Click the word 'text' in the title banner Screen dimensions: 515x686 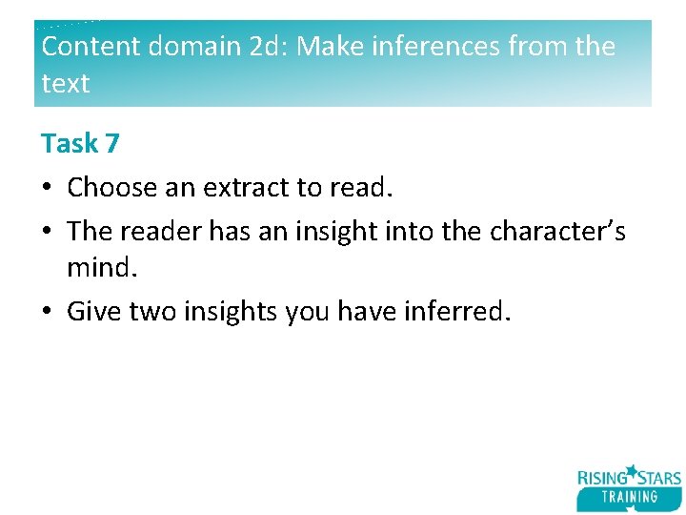[x=66, y=84]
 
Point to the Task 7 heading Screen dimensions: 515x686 [x=80, y=144]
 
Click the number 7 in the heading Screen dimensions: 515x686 [x=111, y=144]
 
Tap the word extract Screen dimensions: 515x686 [x=247, y=188]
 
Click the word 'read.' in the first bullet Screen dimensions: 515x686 [x=361, y=188]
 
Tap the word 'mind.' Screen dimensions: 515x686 [x=103, y=269]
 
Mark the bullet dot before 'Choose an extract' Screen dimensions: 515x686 [x=47, y=189]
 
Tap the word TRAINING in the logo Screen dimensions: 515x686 [x=630, y=497]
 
